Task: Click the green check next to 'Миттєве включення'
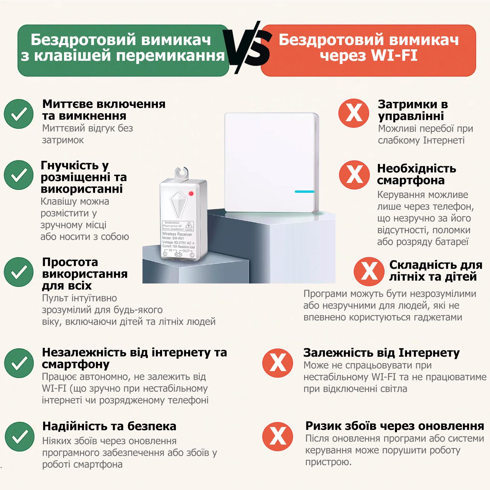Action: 19,114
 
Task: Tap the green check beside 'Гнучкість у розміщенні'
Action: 19,175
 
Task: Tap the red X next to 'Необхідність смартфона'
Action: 354,175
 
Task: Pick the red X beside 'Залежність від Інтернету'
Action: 278,363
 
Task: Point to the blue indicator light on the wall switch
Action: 304,191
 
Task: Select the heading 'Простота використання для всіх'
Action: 85,274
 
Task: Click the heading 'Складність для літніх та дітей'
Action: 435,270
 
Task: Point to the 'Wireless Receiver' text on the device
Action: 177,234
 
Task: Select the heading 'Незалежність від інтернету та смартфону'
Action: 134,358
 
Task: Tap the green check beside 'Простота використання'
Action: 19,272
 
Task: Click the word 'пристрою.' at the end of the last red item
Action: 328,462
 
